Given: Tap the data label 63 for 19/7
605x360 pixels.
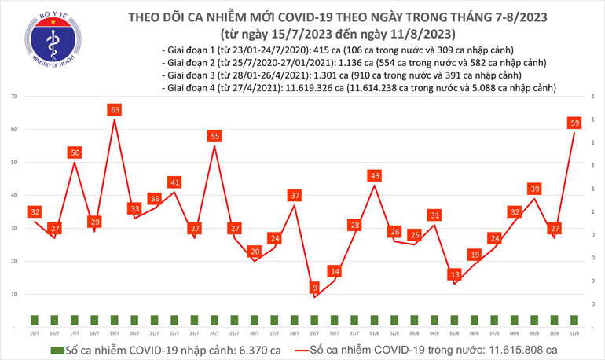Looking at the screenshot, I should click(115, 110).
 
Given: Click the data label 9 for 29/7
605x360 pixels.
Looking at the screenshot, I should click(314, 288).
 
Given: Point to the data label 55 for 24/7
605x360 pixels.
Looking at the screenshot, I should click(214, 136).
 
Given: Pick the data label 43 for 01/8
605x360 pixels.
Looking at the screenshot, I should click(375, 175).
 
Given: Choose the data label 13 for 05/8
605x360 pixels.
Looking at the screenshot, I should click(455, 274).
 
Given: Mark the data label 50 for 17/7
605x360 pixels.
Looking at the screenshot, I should click(75, 152).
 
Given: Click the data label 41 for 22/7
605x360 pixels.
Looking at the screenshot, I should click(175, 182).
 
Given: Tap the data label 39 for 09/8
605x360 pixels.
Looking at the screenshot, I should click(534, 189).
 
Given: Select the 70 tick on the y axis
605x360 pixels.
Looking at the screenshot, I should click(15, 96).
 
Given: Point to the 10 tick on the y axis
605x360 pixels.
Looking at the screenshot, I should click(15, 294).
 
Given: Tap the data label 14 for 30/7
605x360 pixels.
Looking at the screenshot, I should click(335, 271).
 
